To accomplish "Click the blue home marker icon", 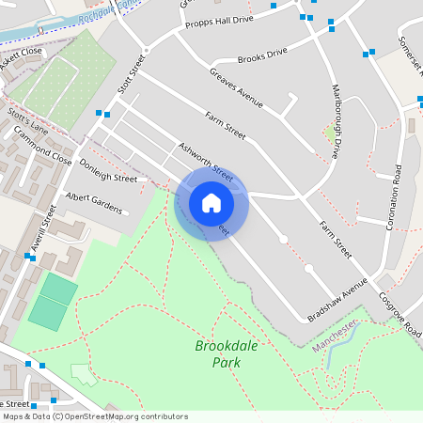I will (x=211, y=203).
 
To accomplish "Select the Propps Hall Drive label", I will (x=219, y=21).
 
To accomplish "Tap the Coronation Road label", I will (x=396, y=196).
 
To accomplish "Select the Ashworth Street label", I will (x=206, y=160).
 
